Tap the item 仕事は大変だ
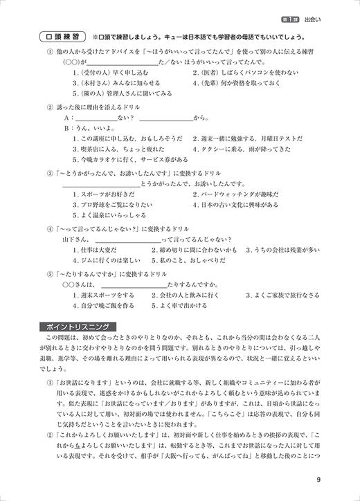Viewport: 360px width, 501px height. click(x=93, y=248)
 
